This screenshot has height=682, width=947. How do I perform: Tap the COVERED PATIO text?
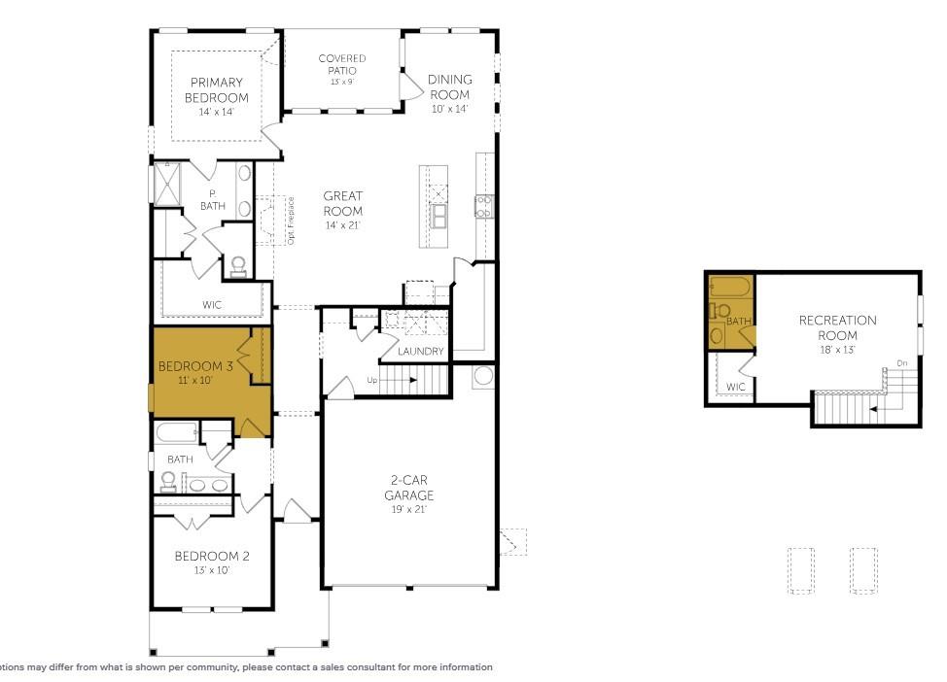(342, 64)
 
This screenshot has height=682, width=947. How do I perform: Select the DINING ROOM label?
(450, 86)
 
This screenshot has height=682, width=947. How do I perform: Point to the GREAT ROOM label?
(343, 203)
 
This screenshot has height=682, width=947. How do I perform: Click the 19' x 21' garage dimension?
(408, 509)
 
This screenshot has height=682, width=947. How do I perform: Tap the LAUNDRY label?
(421, 351)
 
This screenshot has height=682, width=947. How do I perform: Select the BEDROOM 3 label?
(195, 366)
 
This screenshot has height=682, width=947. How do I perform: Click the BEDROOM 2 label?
(212, 557)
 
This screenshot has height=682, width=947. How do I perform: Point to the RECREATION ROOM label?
(837, 327)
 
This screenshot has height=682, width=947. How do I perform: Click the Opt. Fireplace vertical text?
(291, 220)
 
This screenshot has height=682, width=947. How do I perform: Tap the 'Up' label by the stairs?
(372, 380)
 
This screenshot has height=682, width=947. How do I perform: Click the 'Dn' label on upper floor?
(901, 364)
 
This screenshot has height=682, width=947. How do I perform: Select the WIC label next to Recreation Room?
(736, 387)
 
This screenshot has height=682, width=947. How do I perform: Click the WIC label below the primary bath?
(212, 305)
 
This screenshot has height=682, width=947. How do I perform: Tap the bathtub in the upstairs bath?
(728, 288)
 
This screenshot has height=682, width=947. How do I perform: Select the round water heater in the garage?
(483, 376)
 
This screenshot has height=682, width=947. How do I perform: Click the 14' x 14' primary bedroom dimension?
(218, 112)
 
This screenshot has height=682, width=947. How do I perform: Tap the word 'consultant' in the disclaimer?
(357, 667)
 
